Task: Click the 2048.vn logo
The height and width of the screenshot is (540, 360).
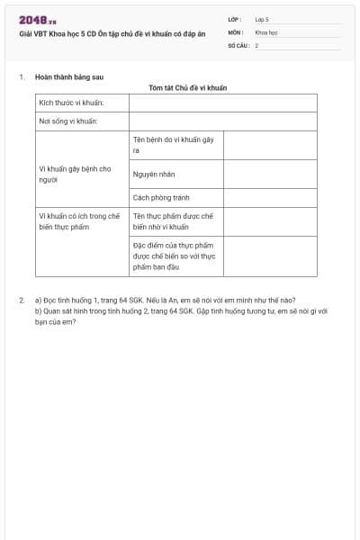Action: (37, 20)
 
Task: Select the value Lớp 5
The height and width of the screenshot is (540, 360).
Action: (261, 19)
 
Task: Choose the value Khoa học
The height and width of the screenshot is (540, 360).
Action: (265, 31)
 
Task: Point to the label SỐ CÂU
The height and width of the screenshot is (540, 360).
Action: (237, 44)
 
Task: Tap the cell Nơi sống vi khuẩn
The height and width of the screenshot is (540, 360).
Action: (68, 121)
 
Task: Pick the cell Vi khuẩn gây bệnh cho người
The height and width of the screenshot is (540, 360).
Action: (75, 174)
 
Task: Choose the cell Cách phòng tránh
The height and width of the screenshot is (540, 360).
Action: (161, 198)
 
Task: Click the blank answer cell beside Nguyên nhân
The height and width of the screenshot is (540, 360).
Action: (270, 174)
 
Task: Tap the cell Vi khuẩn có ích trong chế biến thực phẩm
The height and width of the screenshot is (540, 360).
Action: (79, 221)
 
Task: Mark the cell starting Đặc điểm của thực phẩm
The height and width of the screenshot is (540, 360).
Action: (174, 256)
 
